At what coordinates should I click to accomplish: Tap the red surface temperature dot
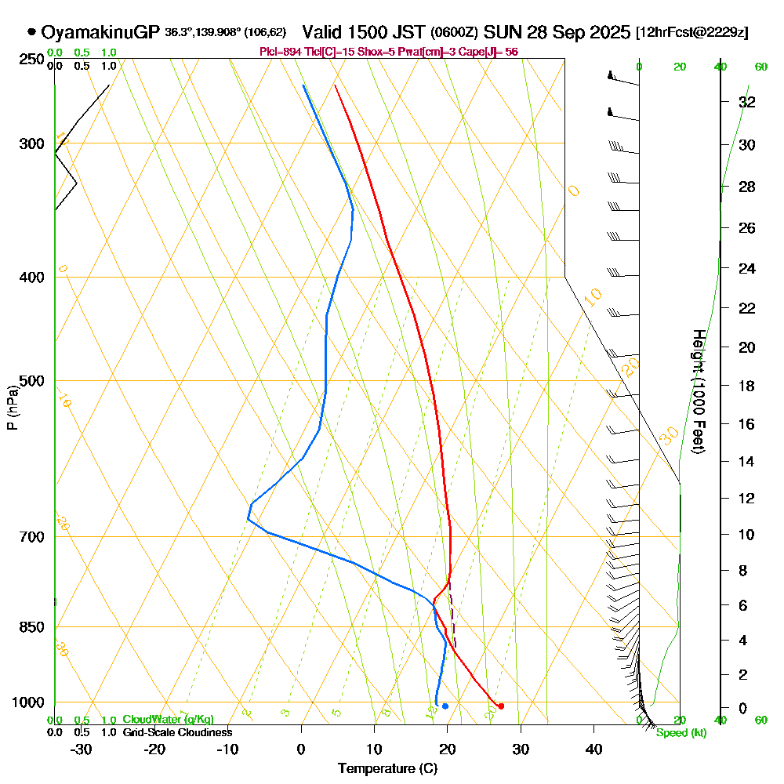(501, 706)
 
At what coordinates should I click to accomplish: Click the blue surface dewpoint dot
(445, 706)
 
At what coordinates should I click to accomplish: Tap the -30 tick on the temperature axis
(82, 749)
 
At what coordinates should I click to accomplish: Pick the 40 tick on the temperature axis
(594, 749)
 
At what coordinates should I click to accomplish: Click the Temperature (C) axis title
(387, 768)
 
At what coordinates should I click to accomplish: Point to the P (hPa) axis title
(12, 408)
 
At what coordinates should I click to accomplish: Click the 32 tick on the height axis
(747, 102)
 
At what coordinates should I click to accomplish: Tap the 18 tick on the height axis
(747, 386)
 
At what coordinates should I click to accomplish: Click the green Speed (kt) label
(681, 733)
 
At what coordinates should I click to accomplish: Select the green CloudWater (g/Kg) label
(168, 720)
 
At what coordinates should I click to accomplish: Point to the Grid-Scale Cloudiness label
(177, 732)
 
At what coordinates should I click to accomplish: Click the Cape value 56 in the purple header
(509, 52)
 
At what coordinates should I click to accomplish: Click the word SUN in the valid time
(499, 32)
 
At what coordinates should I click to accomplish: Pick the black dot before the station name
(31, 32)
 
